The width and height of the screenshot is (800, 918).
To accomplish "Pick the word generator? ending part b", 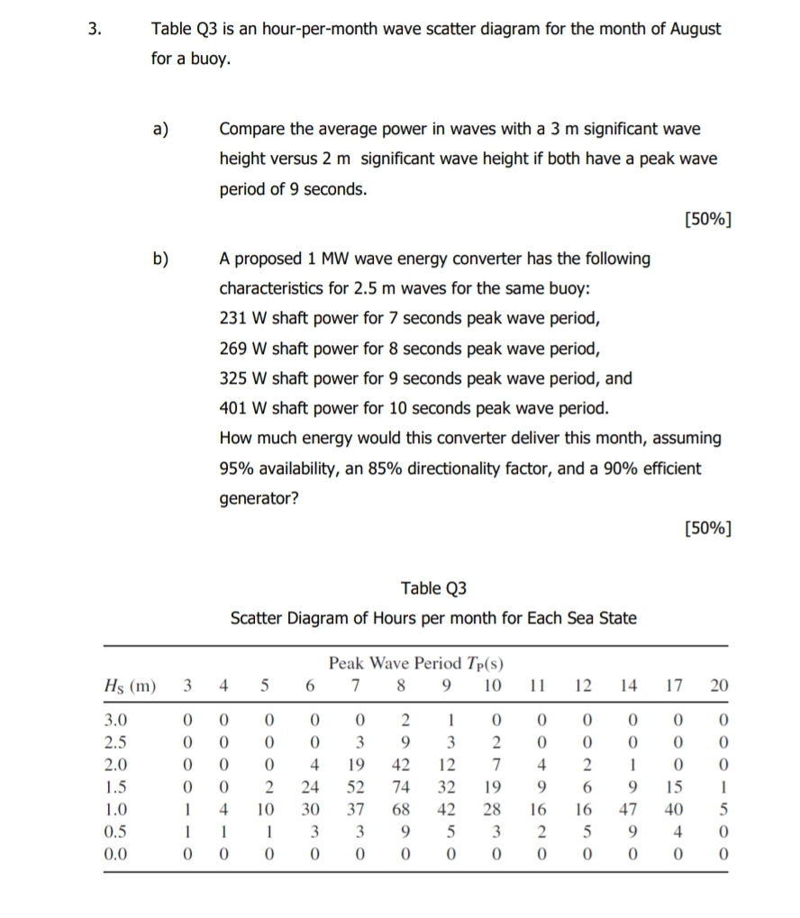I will pyautogui.click(x=259, y=497).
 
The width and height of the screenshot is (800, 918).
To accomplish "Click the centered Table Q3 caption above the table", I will pyautogui.click(x=434, y=588).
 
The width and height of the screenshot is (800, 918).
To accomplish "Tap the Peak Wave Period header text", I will pyautogui.click(x=415, y=664).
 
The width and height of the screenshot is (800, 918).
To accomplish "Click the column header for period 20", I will pyautogui.click(x=718, y=686).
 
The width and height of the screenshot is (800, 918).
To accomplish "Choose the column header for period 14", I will pyautogui.click(x=630, y=686).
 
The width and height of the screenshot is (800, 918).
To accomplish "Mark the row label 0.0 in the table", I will pyautogui.click(x=116, y=850).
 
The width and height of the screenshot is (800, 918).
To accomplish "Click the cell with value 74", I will pyautogui.click(x=405, y=786).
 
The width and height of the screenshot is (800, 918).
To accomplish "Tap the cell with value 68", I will pyautogui.click(x=405, y=807).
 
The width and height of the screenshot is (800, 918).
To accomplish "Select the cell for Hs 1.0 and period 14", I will pyautogui.click(x=630, y=807).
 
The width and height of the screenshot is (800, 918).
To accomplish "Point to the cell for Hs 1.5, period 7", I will pyautogui.click(x=359, y=786).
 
